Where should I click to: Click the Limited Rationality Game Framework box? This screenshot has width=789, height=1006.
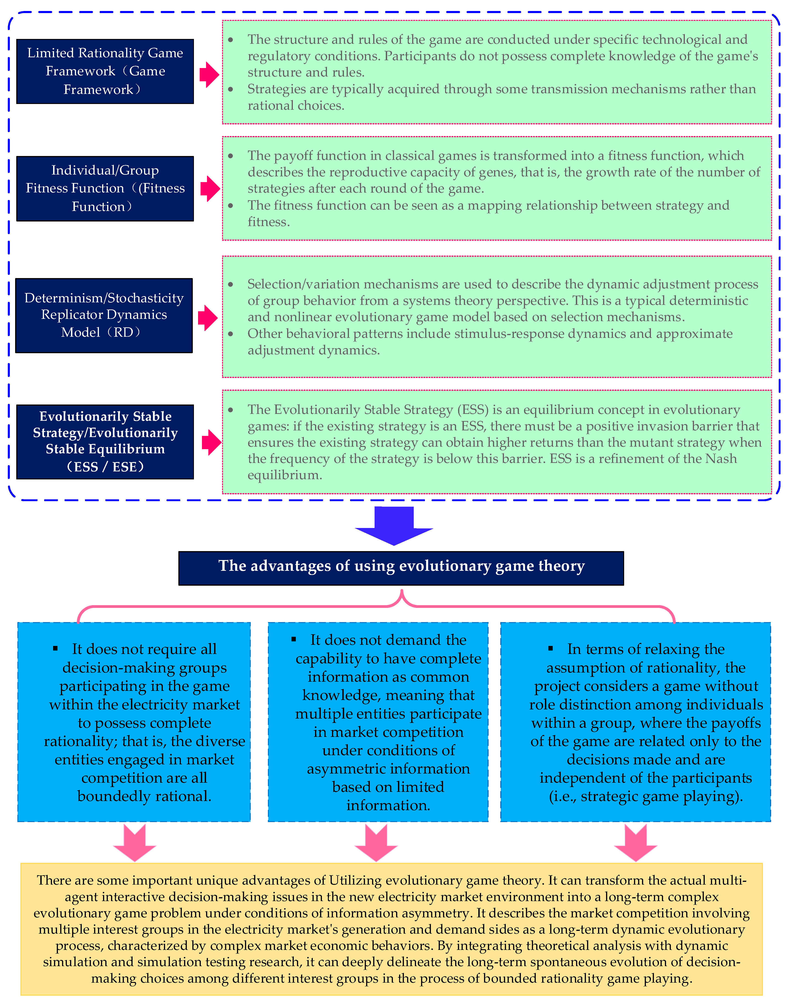click(105, 71)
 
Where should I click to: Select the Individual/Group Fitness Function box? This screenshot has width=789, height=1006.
click(105, 189)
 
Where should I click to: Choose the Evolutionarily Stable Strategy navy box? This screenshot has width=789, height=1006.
click(105, 442)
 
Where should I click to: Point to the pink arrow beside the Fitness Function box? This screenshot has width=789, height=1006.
click(210, 189)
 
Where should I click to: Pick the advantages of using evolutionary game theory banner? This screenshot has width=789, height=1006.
click(401, 568)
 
